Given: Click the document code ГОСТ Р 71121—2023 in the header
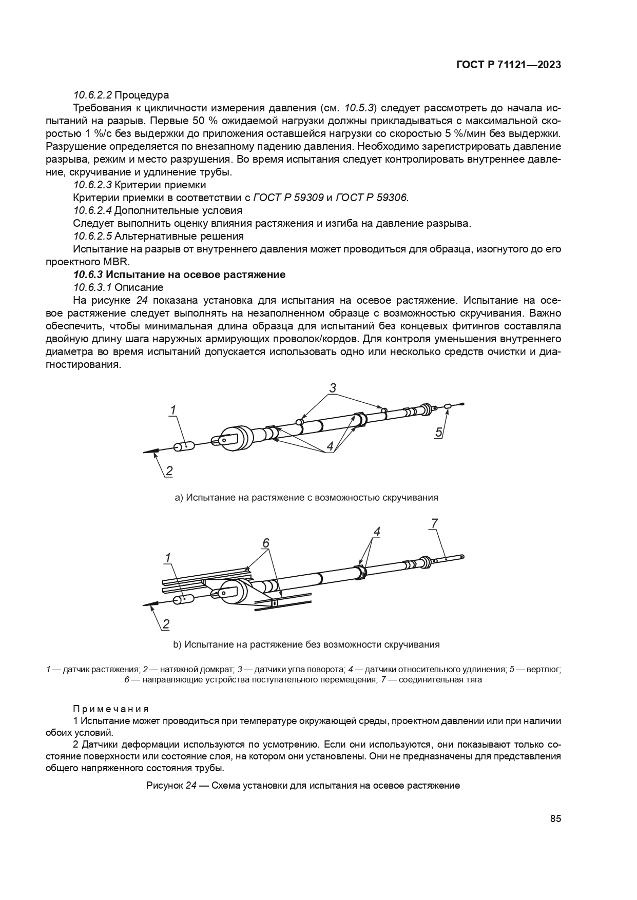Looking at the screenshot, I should tap(508, 65).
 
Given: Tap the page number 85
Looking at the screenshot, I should tap(555, 818).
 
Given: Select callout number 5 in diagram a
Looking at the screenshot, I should tap(438, 432).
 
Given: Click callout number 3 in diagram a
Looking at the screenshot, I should tap(333, 388).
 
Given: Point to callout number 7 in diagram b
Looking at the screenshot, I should tap(434, 524).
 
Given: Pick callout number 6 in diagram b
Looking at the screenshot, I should tap(265, 543).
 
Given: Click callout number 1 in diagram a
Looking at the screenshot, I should tap(173, 410).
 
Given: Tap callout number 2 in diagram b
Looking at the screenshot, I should tap(166, 624).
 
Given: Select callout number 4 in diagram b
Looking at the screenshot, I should tap(376, 532).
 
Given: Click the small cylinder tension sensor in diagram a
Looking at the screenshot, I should tap(184, 446).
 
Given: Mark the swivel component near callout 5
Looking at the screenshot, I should tap(448, 406).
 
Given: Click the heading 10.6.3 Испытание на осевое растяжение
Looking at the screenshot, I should tap(179, 275).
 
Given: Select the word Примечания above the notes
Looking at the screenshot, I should tap(111, 709).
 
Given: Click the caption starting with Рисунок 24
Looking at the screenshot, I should tap(303, 785).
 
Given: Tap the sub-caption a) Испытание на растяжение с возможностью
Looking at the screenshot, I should tap(306, 497).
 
